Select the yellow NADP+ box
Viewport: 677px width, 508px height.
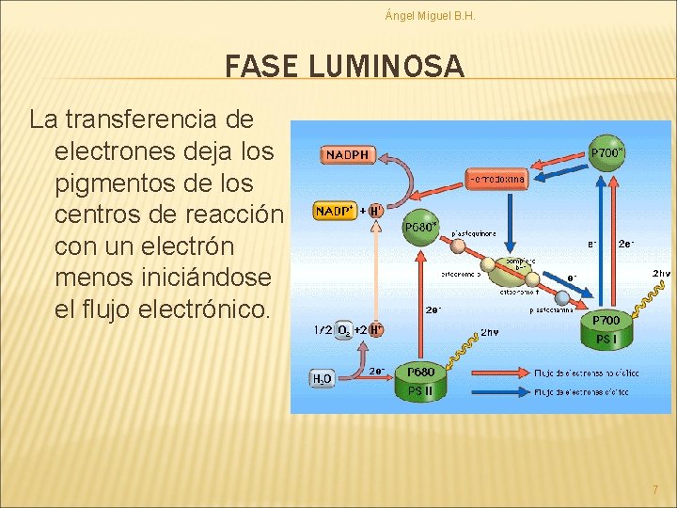click(335, 211)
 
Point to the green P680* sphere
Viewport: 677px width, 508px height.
click(419, 227)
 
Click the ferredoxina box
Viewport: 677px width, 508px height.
click(497, 179)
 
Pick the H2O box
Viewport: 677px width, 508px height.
click(322, 378)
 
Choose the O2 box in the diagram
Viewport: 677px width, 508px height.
click(344, 329)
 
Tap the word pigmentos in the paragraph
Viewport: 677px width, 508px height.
click(118, 182)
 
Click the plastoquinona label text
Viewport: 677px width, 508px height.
click(474, 233)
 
